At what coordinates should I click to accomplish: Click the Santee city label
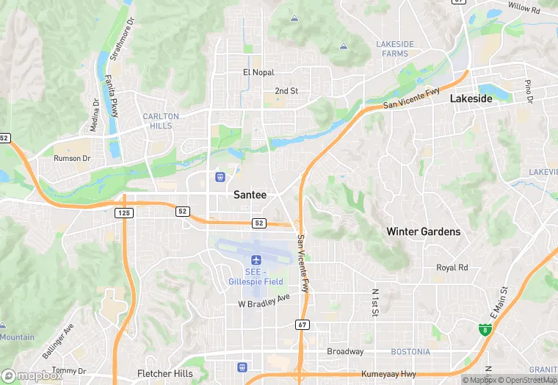pyautogui.click(x=250, y=195)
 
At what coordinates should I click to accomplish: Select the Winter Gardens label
pyautogui.click(x=424, y=231)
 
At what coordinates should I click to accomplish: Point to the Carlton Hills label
pyautogui.click(x=160, y=121)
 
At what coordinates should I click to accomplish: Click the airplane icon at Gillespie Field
pyautogui.click(x=256, y=260)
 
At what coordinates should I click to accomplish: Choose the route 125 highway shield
pyautogui.click(x=123, y=212)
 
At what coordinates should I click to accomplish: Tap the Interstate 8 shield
pyautogui.click(x=485, y=330)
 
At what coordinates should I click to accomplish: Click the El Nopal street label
pyautogui.click(x=258, y=73)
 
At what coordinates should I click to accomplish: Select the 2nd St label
pyautogui.click(x=286, y=91)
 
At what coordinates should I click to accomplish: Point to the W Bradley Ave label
pyautogui.click(x=264, y=303)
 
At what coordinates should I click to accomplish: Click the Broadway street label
pyautogui.click(x=345, y=352)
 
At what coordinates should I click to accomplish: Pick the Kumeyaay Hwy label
pyautogui.click(x=388, y=374)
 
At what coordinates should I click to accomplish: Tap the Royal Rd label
pyautogui.click(x=452, y=267)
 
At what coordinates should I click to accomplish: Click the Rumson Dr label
pyautogui.click(x=72, y=158)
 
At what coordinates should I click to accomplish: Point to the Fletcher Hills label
pyautogui.click(x=165, y=373)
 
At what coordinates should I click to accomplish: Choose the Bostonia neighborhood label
pyautogui.click(x=410, y=352)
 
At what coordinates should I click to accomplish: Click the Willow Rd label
pyautogui.click(x=523, y=9)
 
